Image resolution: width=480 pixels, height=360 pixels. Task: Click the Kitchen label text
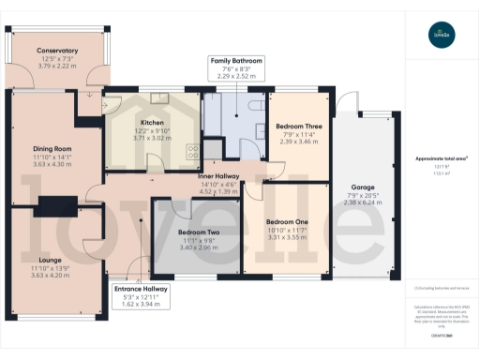(x=153, y=123)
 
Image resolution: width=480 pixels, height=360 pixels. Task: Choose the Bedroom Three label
(x=297, y=126)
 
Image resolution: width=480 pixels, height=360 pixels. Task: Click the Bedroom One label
(x=287, y=210)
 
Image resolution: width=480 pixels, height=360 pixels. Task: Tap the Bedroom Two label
(x=198, y=232)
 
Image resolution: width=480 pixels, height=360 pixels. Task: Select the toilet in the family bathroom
(x=255, y=104)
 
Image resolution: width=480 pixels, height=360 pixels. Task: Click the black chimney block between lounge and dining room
(x=59, y=203)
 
